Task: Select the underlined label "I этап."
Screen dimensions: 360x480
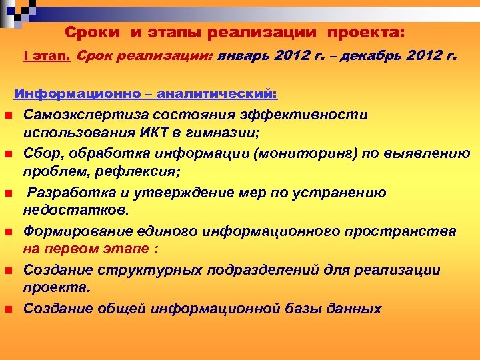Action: (x=47, y=57)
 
